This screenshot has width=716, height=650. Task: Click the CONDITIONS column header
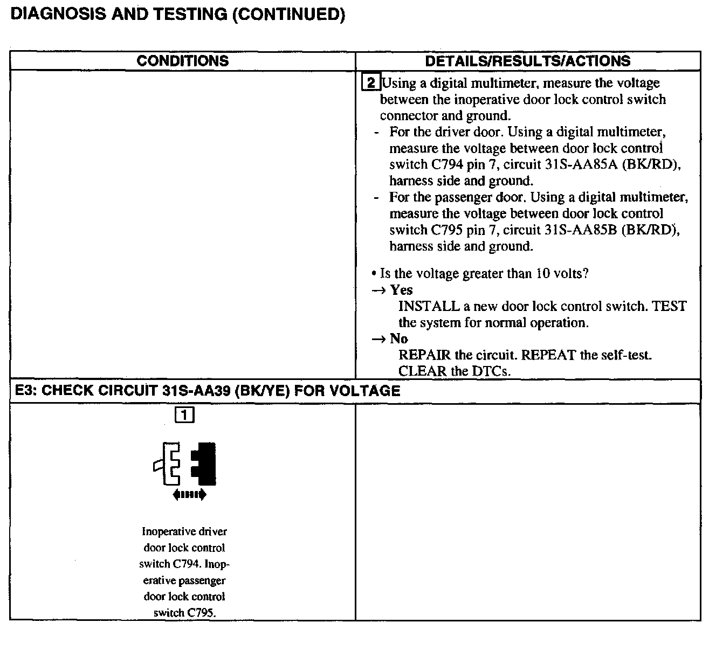182,61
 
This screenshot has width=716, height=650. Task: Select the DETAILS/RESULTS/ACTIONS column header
527,61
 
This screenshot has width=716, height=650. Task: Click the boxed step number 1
184,414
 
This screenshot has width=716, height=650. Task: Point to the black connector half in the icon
206,464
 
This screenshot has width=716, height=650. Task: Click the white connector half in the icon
170,464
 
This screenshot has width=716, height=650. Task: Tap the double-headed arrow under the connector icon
189,495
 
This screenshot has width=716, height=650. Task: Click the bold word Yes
401,290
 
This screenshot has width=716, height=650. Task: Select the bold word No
399,339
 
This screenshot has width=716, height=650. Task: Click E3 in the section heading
23,391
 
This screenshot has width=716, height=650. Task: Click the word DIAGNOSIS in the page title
58,14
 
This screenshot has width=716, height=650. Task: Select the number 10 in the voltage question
542,274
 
